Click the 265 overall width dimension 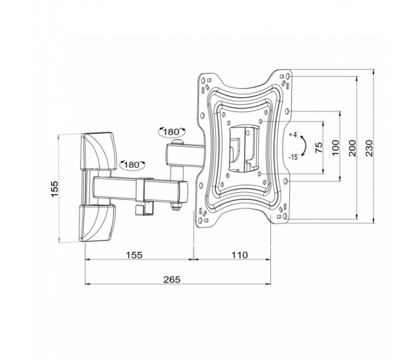coord(172,280)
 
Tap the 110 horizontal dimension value coord(239,255)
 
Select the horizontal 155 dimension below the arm coord(134,255)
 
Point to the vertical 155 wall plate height coord(54,189)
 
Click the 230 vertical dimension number coord(369,148)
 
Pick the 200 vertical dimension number coord(352,148)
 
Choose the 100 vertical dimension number coord(335,147)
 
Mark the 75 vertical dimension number coord(318,147)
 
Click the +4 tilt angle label coord(293,134)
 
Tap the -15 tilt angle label coord(293,157)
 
